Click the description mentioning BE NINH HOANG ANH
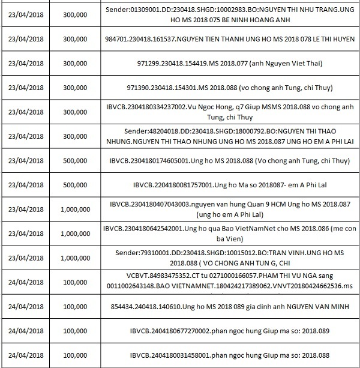pos(226,14)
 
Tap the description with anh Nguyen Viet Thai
pos(226,63)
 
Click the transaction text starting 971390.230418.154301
pos(226,87)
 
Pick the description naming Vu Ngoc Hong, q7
pos(226,112)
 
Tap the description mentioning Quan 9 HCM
pos(226,210)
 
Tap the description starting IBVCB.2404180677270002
pos(226,330)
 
